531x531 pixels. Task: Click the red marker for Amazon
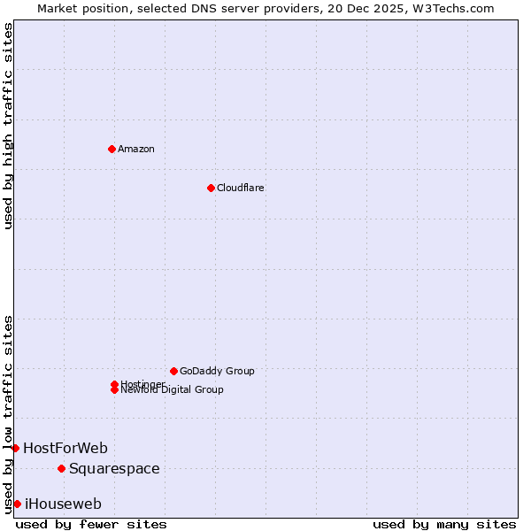tap(112, 149)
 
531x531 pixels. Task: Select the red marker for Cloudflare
tap(211, 188)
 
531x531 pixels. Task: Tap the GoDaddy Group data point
tap(173, 371)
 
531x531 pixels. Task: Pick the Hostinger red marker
tap(114, 384)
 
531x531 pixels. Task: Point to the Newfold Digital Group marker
tap(114, 390)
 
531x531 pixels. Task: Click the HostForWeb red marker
tap(15, 448)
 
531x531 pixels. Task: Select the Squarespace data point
tap(61, 468)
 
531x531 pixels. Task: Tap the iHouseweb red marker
tap(17, 504)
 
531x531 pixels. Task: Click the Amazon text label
tap(135, 149)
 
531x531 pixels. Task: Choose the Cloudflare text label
tap(240, 188)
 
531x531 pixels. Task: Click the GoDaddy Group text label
tap(217, 371)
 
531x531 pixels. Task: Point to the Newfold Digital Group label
tap(172, 390)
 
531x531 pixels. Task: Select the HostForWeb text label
tap(65, 448)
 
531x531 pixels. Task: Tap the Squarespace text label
tap(114, 468)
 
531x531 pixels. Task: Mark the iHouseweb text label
tap(63, 504)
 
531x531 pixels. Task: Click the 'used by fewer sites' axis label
tap(91, 524)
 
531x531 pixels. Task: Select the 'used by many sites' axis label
tap(444, 524)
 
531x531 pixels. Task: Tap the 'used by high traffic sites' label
tap(8, 126)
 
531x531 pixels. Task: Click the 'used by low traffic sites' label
tap(8, 413)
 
